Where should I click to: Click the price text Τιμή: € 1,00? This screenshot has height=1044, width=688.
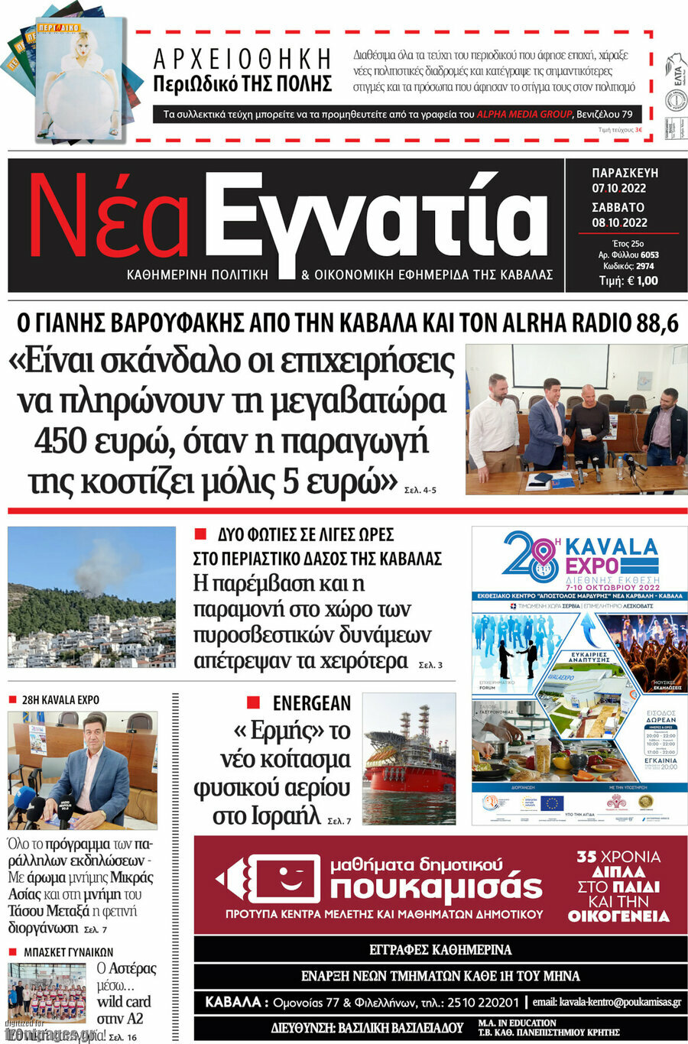coord(628,280)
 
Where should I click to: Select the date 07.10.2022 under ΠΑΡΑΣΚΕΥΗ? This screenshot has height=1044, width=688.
coord(618,188)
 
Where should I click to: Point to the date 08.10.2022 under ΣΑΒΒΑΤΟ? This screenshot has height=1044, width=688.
coord(619,222)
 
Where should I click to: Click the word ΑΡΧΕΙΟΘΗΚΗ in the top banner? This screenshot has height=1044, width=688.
coord(242,59)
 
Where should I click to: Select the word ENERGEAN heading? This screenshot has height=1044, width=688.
coord(311,703)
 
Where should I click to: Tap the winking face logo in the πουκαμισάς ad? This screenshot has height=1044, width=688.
coord(278,879)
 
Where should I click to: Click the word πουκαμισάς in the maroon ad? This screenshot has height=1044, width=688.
coord(436,887)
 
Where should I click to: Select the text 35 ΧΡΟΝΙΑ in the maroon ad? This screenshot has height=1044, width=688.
coord(618,857)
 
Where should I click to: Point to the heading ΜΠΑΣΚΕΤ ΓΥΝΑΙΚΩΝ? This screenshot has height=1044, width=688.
coord(68,952)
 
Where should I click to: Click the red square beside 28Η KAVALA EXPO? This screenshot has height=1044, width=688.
coord(12,699)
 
